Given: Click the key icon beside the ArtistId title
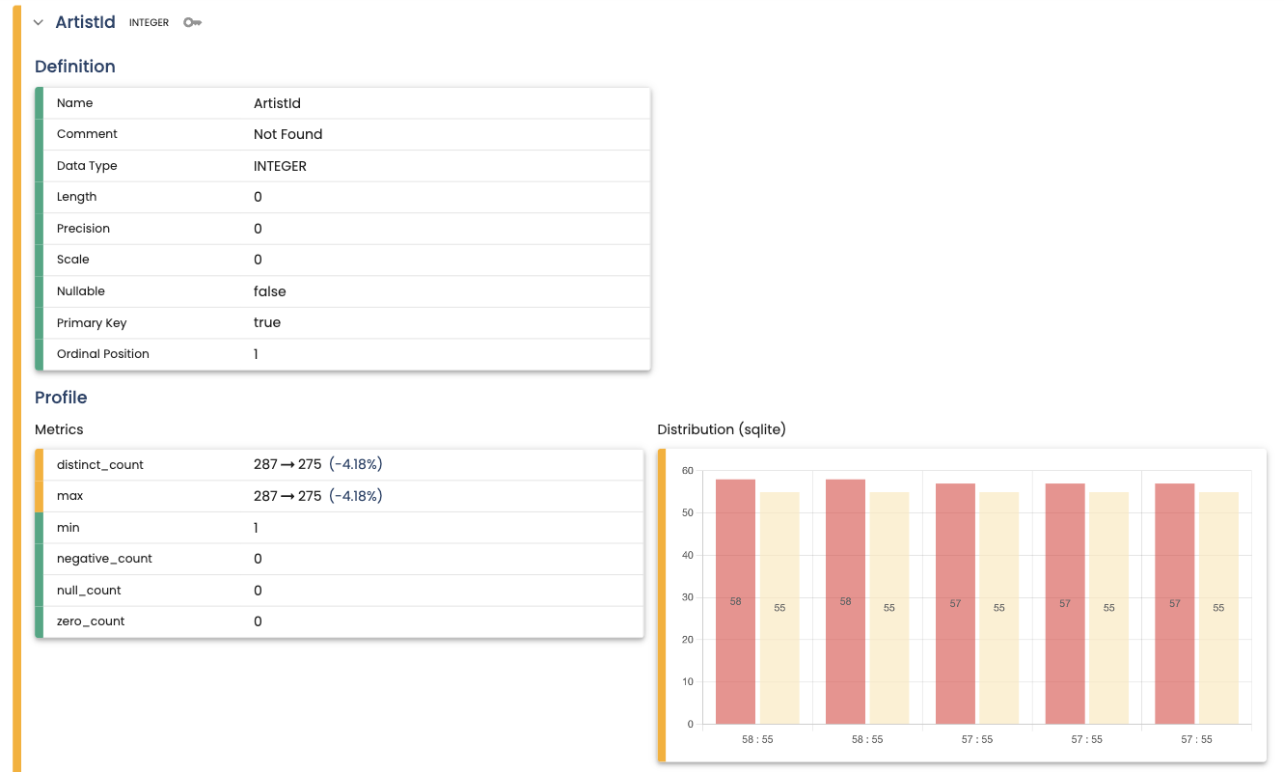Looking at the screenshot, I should click(x=192, y=22).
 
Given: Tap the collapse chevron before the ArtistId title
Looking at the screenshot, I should click(x=39, y=22).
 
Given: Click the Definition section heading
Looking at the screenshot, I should click(x=75, y=67).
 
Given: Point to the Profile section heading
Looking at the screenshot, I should click(x=61, y=398).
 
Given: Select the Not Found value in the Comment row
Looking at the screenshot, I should click(x=287, y=134).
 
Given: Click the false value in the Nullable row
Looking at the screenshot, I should click(x=269, y=291).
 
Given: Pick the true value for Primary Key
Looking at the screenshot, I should click(x=267, y=322).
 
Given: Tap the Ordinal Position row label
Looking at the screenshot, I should click(x=103, y=354).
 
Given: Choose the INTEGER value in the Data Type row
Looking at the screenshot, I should click(x=280, y=166).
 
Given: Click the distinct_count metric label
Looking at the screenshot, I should click(x=100, y=464).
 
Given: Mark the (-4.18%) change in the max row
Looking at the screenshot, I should click(x=356, y=496).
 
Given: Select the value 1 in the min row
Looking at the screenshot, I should click(x=257, y=528).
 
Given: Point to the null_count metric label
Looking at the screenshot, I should click(x=89, y=591).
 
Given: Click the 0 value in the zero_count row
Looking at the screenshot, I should click(x=258, y=621).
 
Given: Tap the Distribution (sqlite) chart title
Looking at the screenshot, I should click(x=722, y=429).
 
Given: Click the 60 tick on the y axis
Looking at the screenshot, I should click(x=687, y=471).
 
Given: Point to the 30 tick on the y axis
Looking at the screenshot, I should click(x=687, y=597).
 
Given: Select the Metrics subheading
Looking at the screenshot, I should click(x=59, y=429).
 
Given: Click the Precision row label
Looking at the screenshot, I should click(x=83, y=229).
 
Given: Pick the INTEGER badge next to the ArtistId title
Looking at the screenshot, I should click(x=149, y=23).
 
